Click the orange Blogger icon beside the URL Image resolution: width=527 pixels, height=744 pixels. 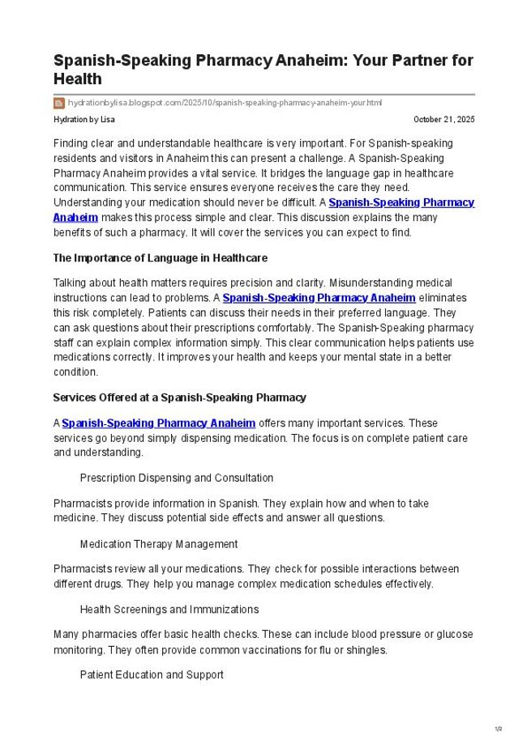point(59,103)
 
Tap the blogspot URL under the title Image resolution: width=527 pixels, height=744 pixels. point(225,103)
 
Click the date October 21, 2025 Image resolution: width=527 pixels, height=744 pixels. point(443,120)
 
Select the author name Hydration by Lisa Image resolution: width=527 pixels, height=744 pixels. point(84,120)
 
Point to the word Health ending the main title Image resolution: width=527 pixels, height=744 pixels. point(78,79)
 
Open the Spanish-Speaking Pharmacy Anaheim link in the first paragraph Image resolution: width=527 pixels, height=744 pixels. point(401,202)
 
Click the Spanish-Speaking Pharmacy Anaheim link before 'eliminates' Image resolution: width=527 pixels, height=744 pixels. point(319,298)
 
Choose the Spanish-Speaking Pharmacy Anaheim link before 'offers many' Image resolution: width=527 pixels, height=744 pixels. point(159,423)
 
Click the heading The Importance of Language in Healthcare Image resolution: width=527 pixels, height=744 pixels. point(160,258)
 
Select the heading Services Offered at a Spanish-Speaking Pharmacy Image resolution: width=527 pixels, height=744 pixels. point(179,398)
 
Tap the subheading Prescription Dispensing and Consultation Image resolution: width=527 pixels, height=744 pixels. point(176,478)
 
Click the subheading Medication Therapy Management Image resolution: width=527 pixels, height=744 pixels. point(158,544)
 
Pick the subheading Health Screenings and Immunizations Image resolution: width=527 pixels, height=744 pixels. point(169,609)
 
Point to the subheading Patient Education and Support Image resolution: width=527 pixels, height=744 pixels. point(152,674)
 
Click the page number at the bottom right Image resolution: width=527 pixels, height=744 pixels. point(499,729)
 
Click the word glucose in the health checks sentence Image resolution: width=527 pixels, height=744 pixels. point(454,635)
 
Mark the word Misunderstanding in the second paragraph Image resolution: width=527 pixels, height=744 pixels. point(391,283)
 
